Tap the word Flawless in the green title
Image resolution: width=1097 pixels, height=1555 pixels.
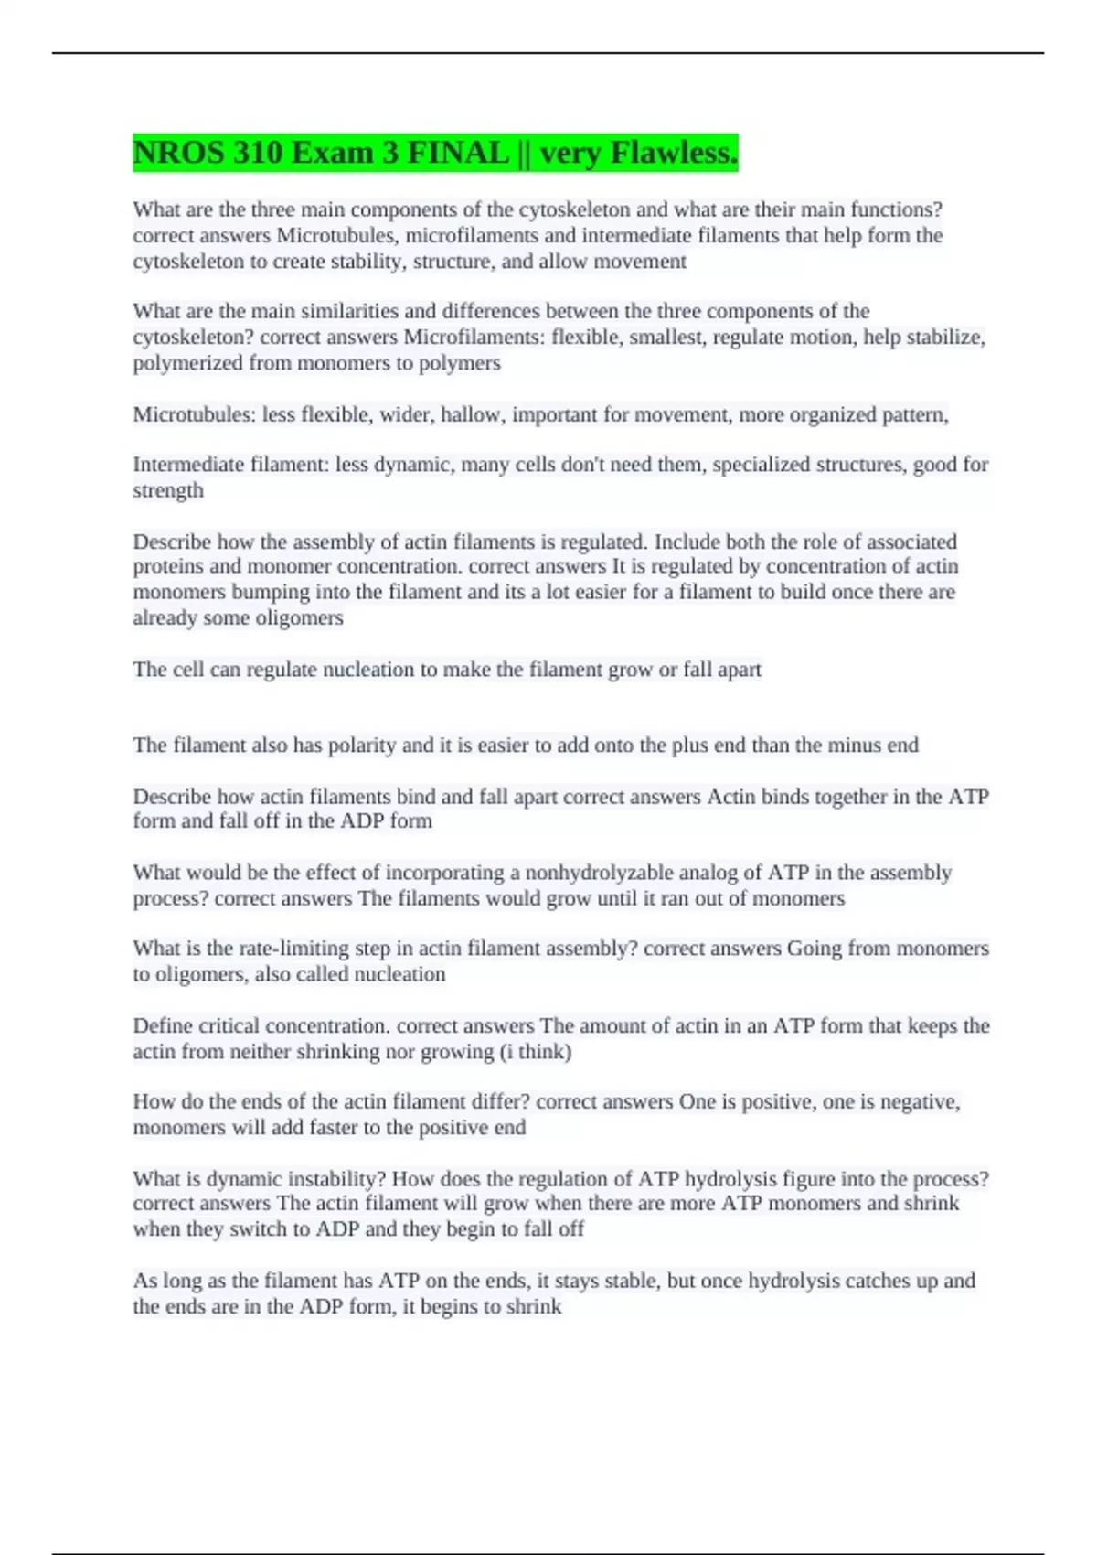674,153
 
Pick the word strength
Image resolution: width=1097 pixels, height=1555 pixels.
168,490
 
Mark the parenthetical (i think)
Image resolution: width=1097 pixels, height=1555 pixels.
535,1051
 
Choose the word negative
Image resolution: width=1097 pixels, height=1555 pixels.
917,1101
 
